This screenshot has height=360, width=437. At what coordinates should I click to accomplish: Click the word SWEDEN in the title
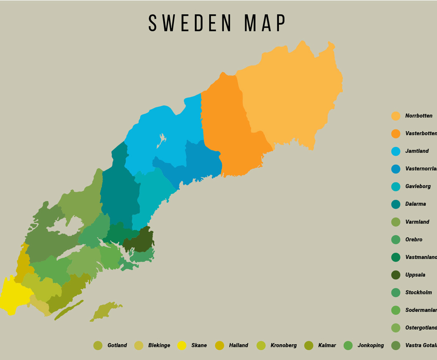click(x=190, y=23)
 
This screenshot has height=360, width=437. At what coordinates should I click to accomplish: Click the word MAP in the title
click(x=265, y=23)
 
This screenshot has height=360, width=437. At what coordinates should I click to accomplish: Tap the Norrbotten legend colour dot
click(x=396, y=116)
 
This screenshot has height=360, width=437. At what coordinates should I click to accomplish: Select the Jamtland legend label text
click(x=417, y=151)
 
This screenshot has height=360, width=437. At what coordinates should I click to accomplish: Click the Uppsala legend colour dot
click(x=396, y=275)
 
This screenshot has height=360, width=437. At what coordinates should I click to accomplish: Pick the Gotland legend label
click(x=117, y=345)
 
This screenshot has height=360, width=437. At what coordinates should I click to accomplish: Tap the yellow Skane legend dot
click(x=182, y=345)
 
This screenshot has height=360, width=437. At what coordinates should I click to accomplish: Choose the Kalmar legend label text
click(x=327, y=345)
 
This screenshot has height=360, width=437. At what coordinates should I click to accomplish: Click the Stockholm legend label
click(x=419, y=293)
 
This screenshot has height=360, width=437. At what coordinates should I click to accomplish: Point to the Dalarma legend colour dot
click(x=396, y=204)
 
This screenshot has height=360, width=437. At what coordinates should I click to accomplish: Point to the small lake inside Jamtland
click(x=162, y=140)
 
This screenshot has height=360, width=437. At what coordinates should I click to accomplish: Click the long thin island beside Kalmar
click(x=69, y=310)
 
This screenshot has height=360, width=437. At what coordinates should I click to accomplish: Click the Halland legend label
click(x=239, y=345)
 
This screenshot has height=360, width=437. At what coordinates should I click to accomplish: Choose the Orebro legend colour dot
click(x=396, y=240)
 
